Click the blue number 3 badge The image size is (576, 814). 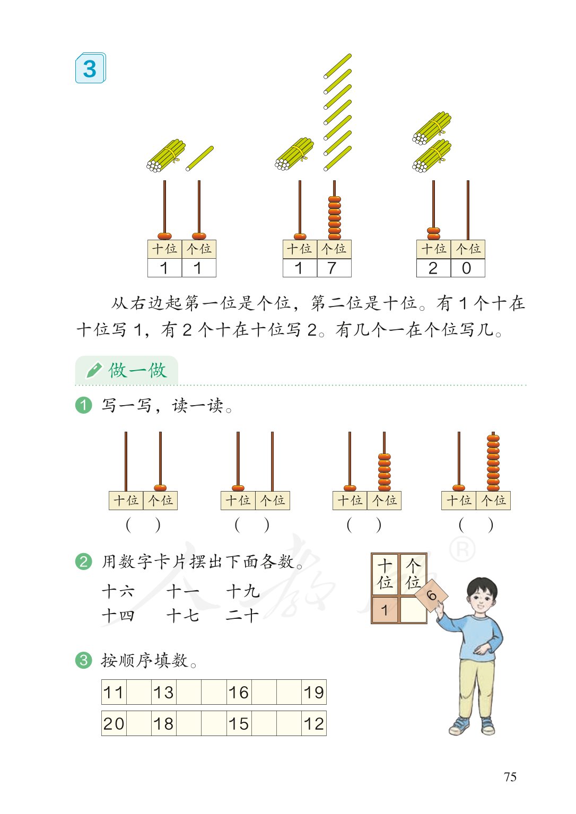pos(90,68)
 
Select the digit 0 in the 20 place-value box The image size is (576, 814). pos(467,268)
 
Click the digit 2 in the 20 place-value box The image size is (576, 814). pos(433,268)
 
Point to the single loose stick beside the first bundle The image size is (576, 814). pos(199,159)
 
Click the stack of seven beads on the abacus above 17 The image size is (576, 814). pos(334,218)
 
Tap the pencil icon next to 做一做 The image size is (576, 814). pos(93,370)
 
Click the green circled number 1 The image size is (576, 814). pos(84,406)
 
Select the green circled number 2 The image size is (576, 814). pos(84,561)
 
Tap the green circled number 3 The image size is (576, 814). pos(84,660)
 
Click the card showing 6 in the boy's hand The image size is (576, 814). pos(432,596)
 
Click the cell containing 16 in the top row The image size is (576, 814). pos(239,693)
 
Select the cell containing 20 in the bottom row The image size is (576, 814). pos(114,724)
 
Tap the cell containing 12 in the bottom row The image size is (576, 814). pos(313,724)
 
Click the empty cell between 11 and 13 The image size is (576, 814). pos(139,693)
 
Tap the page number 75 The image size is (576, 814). pos(510,777)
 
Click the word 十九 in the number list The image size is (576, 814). pos(242,591)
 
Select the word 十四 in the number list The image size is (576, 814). pos(118,616)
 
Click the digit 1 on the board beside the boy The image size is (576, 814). pos(385,610)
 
